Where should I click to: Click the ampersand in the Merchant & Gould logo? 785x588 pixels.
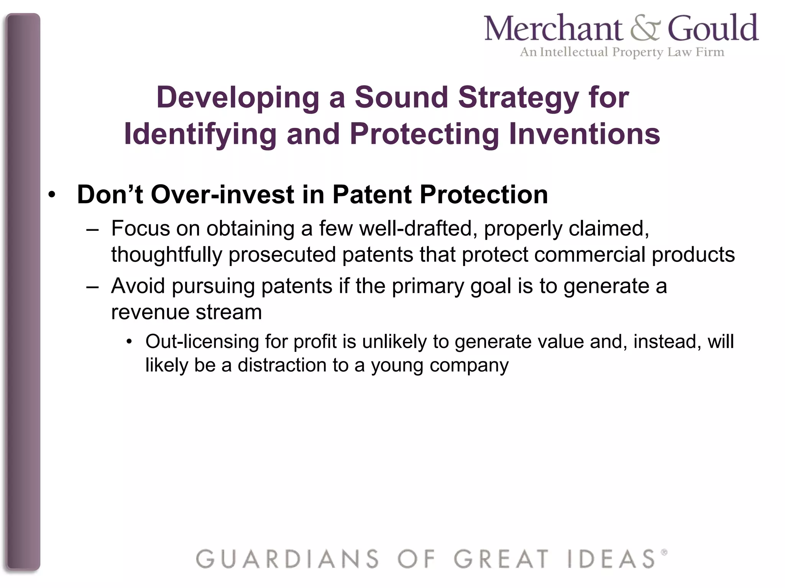point(645,29)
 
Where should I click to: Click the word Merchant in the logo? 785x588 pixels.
point(553,28)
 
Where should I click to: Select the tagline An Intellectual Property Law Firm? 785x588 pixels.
point(622,52)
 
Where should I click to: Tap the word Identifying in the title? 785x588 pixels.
point(200,135)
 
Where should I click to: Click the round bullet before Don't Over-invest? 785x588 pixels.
point(53,195)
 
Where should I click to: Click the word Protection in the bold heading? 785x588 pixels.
point(483,194)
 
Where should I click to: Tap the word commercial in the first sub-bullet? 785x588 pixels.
point(590,255)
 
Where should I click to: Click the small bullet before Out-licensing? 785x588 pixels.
point(130,342)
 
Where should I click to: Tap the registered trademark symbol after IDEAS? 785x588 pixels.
point(664,552)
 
